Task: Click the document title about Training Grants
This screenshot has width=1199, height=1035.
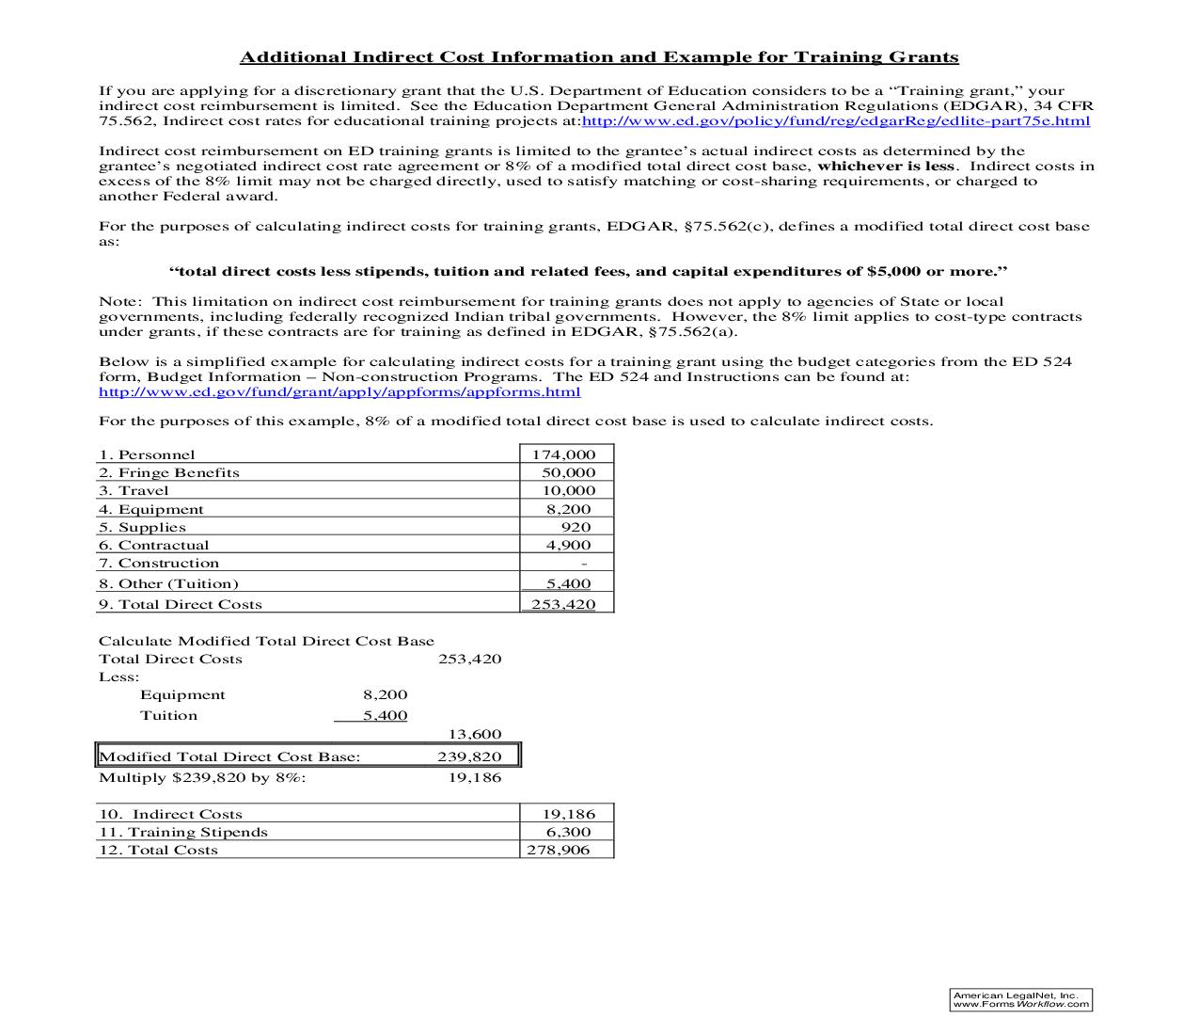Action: pos(599,57)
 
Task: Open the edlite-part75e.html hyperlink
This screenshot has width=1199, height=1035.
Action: pos(836,121)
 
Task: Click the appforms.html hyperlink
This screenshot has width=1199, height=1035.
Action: pos(339,392)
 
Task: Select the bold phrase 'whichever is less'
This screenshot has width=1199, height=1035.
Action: pos(886,167)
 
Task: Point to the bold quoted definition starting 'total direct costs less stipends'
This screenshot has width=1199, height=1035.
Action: pos(588,272)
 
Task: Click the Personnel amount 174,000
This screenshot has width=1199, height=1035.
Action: pos(564,454)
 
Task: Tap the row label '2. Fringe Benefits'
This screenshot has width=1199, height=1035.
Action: pos(169,472)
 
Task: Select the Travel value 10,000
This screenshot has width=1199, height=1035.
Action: pos(568,490)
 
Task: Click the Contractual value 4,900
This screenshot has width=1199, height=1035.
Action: pos(568,545)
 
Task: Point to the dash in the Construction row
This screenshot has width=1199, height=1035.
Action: pos(584,564)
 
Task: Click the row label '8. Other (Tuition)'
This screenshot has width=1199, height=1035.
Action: pos(169,583)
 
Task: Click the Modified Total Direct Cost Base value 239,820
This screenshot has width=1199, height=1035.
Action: pos(469,756)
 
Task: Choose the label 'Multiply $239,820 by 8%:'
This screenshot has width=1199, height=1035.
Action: pos(202,777)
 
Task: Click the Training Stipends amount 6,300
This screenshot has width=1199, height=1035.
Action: pos(568,832)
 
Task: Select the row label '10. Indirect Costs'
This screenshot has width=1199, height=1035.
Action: pos(171,814)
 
